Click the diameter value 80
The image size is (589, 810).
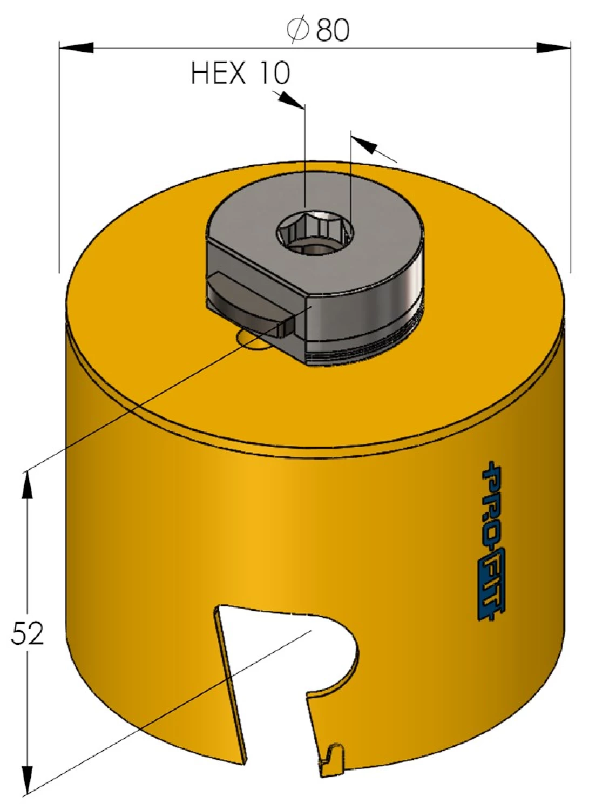tap(333, 30)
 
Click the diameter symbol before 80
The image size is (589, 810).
tap(298, 30)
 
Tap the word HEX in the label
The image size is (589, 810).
tap(218, 73)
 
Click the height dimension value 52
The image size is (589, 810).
tap(28, 633)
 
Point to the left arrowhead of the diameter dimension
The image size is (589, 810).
tap(76, 48)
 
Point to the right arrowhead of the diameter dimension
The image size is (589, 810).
tap(554, 48)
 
